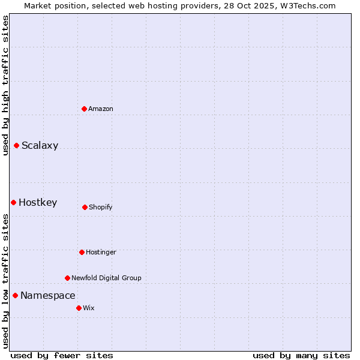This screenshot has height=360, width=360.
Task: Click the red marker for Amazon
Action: [x=85, y=109]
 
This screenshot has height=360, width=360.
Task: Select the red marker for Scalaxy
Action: [x=17, y=145]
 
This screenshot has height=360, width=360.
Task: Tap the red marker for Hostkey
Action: [x=13, y=202]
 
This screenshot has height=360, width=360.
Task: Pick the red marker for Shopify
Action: [x=85, y=207]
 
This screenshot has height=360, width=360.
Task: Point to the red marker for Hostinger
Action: [x=82, y=252]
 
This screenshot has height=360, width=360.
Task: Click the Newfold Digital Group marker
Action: [x=67, y=278]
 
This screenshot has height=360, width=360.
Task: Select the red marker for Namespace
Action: [x=15, y=295]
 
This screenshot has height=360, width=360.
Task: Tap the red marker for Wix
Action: [x=79, y=308]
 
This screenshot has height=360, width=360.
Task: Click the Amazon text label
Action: [x=101, y=109]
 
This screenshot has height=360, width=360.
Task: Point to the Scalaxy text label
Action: [x=40, y=145]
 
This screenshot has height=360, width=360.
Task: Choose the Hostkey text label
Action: [x=38, y=202]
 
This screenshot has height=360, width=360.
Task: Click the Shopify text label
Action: [x=100, y=207]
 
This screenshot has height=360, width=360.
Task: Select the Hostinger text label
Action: [x=101, y=252]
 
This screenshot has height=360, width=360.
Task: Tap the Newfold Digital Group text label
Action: [x=106, y=278]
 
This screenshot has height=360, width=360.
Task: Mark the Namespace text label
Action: [x=48, y=295]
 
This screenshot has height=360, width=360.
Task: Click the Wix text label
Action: [x=89, y=308]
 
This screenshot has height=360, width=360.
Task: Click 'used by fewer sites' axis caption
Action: [x=62, y=355]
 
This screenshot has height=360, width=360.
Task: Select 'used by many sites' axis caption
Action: [x=301, y=355]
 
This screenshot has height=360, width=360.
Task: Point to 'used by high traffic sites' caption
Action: [x=5, y=85]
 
